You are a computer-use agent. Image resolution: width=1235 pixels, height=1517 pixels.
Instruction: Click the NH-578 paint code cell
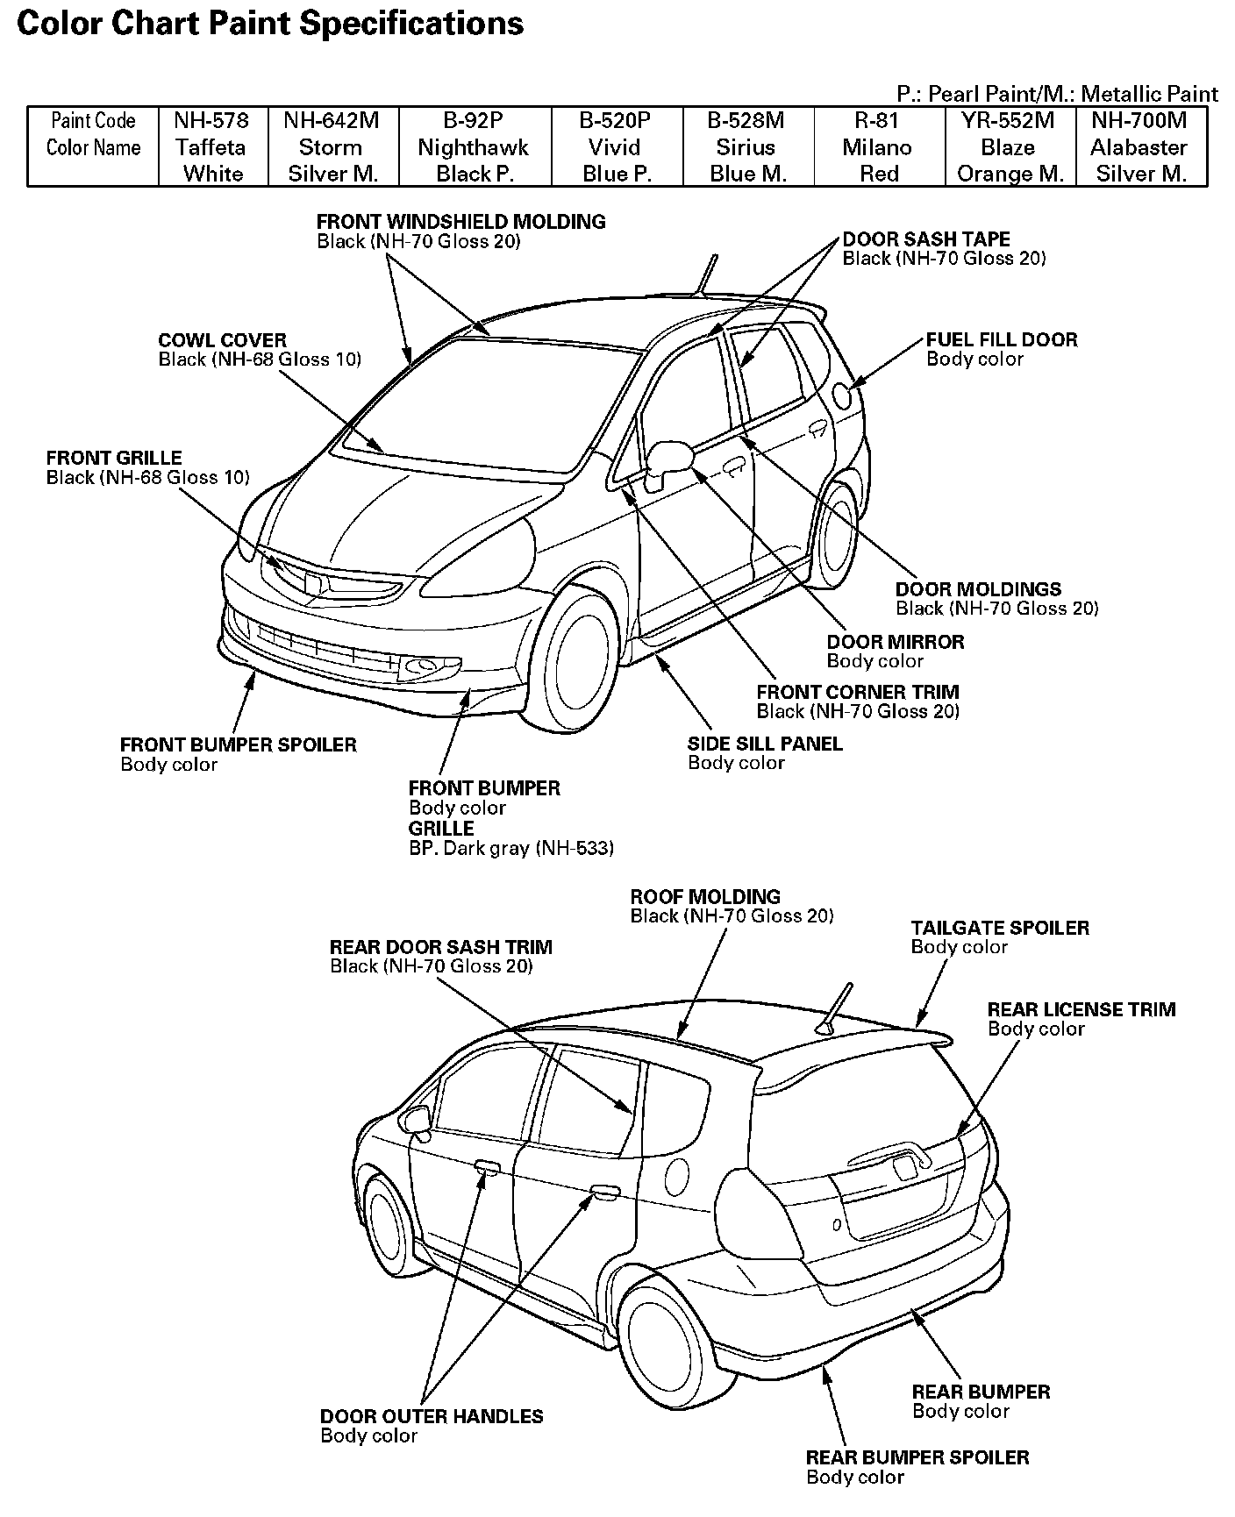point(211,120)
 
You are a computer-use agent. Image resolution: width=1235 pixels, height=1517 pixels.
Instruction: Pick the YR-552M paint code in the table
point(1008,120)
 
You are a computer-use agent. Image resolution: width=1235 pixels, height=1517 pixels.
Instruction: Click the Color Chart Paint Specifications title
point(270,24)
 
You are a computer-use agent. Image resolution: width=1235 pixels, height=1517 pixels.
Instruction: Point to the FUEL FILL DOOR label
point(1002,340)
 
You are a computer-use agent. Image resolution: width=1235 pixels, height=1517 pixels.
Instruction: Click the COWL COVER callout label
point(222,340)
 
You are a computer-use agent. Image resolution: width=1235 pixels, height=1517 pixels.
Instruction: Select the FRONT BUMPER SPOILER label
point(238,745)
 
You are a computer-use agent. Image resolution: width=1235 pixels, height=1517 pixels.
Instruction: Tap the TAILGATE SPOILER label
point(999,928)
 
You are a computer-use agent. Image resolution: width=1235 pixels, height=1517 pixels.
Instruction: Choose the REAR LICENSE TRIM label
point(1081,1009)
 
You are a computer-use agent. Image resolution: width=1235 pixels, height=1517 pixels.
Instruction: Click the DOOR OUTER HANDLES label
point(431,1416)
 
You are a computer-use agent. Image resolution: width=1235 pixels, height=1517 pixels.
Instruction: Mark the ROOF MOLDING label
point(705,897)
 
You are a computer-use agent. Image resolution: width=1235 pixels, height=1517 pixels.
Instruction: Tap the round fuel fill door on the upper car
point(844,395)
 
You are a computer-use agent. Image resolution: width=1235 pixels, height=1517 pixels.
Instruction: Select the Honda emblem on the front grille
point(311,580)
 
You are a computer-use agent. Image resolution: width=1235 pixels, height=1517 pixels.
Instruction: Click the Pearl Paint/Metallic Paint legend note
point(1056,94)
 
